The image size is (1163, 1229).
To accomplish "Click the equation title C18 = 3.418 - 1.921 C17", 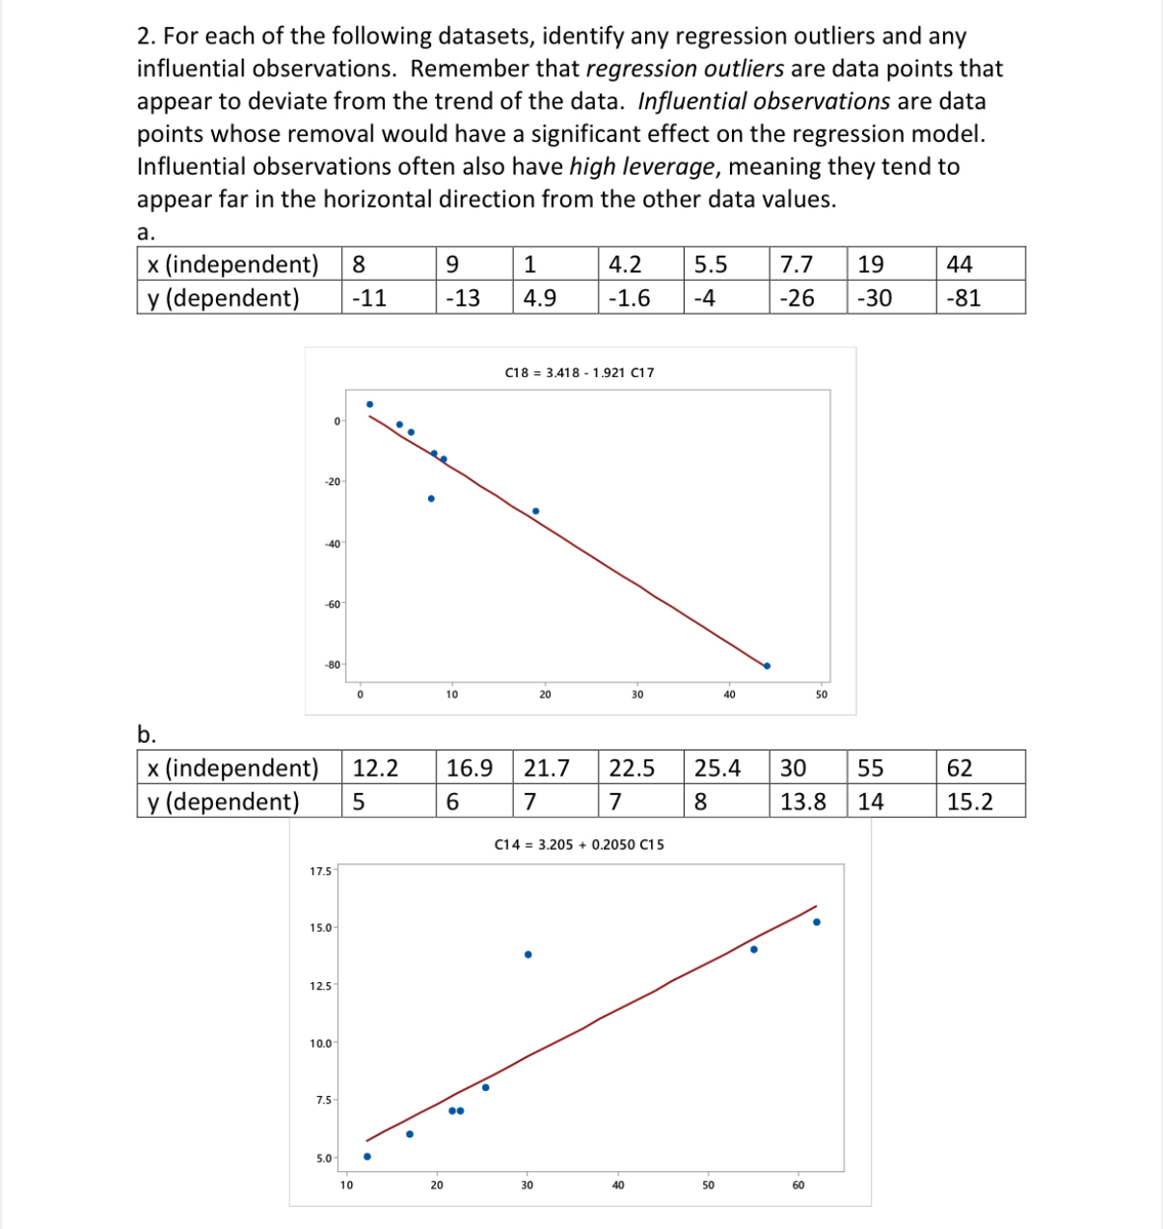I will (580, 371).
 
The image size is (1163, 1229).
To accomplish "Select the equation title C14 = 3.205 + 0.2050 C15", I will (579, 844).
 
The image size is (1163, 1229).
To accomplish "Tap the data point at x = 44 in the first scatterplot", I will (767, 666).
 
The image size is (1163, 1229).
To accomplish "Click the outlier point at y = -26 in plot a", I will (431, 499).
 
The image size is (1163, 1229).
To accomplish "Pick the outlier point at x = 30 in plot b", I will (527, 954).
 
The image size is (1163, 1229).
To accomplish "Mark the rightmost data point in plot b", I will (816, 921).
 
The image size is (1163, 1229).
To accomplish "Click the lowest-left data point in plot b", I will (366, 1156).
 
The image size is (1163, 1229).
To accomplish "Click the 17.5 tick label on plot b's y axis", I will (320, 871).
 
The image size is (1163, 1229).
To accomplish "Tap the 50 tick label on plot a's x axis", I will (822, 694).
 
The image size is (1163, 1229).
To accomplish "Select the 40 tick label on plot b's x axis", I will (617, 1185).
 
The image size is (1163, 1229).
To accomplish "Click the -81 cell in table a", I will (963, 298).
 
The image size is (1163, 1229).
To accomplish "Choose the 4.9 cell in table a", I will (539, 298).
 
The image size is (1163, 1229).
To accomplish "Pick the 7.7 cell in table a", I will (796, 264).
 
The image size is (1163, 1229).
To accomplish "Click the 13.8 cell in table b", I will (802, 802).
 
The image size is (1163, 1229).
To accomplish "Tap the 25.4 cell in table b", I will (717, 768).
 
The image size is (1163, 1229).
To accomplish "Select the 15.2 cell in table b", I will (969, 802).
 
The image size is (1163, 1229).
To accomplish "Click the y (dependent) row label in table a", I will (224, 298).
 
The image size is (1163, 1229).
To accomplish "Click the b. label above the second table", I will (147, 734).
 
